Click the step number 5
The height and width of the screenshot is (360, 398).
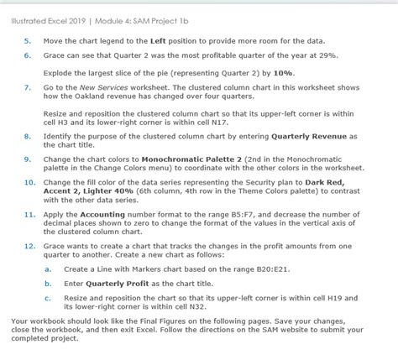pos(28,40)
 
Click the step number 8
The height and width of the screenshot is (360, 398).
pos(28,135)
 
